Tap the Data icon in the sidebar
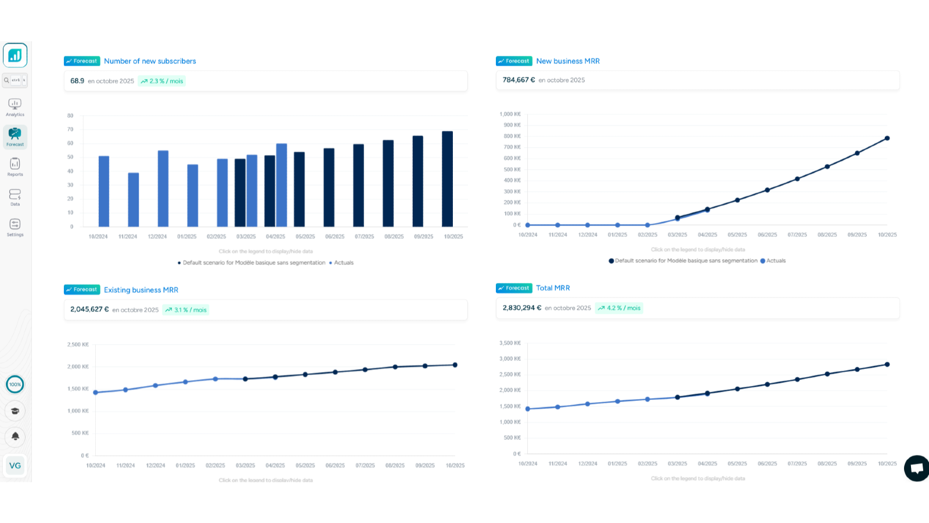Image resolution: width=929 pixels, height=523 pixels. pyautogui.click(x=15, y=195)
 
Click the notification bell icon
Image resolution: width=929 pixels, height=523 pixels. pyautogui.click(x=15, y=436)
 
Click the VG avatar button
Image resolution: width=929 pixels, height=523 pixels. pyautogui.click(x=15, y=465)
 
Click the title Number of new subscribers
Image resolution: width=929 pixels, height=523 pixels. pyautogui.click(x=150, y=61)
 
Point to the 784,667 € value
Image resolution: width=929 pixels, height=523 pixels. pyautogui.click(x=518, y=80)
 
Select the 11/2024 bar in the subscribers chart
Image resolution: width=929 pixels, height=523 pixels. pyautogui.click(x=134, y=199)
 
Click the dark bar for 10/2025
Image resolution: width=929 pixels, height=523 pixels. pyautogui.click(x=448, y=179)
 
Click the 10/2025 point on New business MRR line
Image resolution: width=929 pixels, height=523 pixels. pyautogui.click(x=887, y=138)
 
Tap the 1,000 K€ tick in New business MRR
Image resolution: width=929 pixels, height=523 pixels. pyautogui.click(x=510, y=114)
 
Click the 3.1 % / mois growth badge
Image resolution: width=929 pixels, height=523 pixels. pyautogui.click(x=186, y=310)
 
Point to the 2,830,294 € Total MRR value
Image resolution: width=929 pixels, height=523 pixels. pyautogui.click(x=522, y=308)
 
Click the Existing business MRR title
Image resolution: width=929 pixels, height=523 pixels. pyautogui.click(x=141, y=290)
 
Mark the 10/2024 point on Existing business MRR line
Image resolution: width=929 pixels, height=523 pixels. pyautogui.click(x=96, y=392)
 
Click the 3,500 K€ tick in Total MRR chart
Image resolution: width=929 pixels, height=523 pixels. pyautogui.click(x=510, y=343)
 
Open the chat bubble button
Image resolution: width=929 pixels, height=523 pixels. pyautogui.click(x=917, y=468)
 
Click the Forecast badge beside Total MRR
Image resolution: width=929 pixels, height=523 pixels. pyautogui.click(x=514, y=288)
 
